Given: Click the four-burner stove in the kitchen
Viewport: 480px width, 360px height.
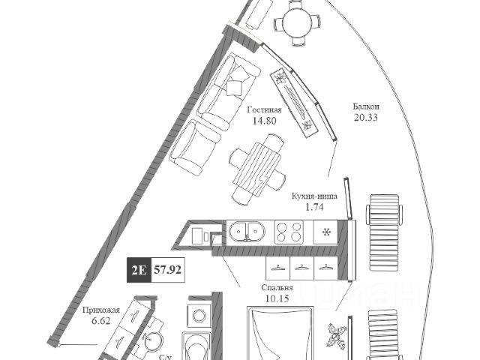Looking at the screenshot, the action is (289, 231).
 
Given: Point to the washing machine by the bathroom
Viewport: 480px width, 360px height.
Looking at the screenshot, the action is (199, 316).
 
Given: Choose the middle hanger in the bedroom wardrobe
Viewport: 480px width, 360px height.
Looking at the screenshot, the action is (301, 268).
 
